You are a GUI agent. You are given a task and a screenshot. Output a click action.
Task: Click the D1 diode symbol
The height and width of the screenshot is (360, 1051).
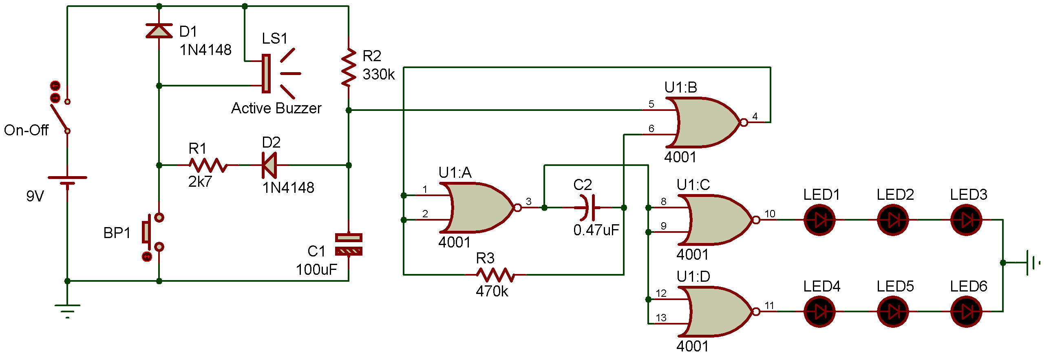(x=159, y=31)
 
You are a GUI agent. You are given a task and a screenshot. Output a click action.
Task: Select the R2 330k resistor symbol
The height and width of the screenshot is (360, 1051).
(x=349, y=68)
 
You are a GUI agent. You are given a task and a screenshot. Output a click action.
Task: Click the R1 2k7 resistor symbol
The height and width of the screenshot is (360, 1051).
(x=208, y=165)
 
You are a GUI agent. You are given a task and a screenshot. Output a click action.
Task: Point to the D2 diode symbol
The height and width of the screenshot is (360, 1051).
(x=270, y=165)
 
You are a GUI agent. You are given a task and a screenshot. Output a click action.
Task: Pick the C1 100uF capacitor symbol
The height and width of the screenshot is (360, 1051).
(x=349, y=244)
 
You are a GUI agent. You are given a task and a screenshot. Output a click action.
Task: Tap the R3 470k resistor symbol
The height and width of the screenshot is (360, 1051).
(x=495, y=275)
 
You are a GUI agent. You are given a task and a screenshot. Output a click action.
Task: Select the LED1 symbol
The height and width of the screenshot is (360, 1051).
(x=819, y=220)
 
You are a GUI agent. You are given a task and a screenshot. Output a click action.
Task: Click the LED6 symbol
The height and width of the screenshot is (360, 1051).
(x=966, y=311)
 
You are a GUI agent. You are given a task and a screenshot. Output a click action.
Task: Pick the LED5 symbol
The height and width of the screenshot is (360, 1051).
(x=893, y=311)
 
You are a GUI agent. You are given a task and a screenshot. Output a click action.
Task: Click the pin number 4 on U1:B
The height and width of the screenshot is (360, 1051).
(x=755, y=116)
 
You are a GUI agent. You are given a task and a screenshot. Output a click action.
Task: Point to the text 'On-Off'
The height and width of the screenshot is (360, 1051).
(x=26, y=130)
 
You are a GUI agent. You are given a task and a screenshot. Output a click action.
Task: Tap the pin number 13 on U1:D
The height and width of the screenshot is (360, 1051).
(x=661, y=318)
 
